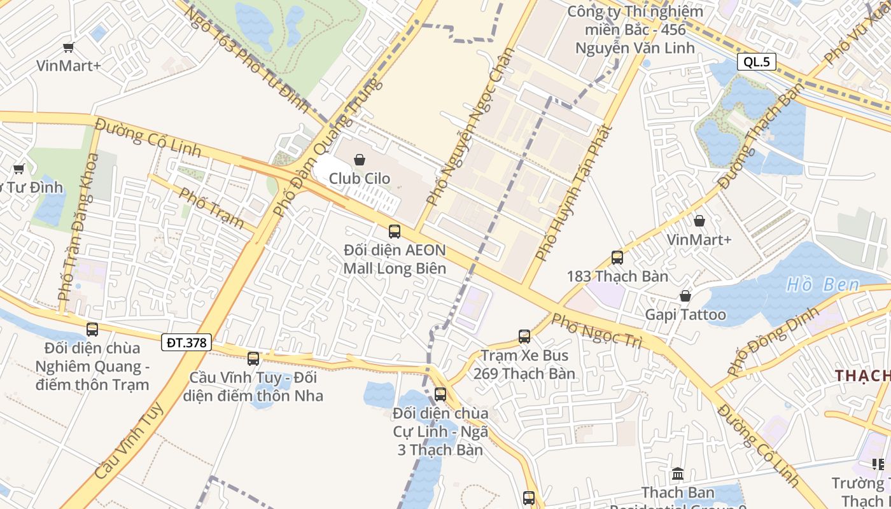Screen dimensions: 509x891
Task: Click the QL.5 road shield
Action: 757,62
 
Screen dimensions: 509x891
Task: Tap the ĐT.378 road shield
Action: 186,342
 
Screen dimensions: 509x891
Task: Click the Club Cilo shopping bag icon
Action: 360,160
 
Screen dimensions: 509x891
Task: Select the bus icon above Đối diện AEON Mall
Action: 395,232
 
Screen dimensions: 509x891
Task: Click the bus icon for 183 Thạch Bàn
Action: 617,258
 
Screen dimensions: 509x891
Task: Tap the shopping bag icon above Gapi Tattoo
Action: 685,296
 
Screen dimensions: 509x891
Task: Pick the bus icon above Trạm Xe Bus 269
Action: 524,337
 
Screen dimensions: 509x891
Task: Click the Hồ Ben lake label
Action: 822,284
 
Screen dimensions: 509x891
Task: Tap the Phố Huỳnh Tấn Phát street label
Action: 573,193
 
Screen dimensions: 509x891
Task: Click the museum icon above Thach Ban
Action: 678,474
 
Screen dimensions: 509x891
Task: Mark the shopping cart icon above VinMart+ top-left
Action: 69,46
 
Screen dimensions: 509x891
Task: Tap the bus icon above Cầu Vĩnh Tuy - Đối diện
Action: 253,359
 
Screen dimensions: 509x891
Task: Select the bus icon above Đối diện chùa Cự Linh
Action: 440,394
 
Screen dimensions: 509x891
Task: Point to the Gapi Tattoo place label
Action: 685,314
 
